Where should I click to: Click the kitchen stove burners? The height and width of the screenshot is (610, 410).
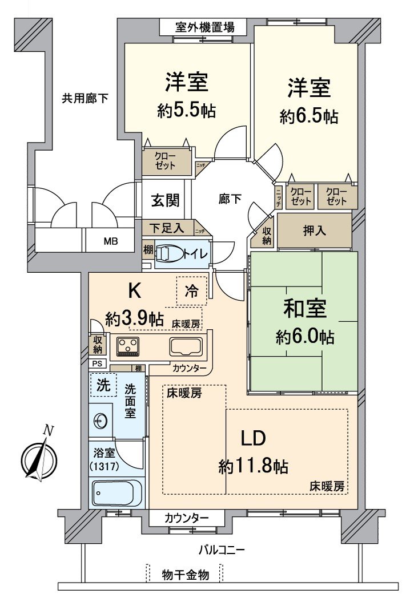point(128,345)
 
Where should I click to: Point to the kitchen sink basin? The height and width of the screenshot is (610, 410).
point(186,346)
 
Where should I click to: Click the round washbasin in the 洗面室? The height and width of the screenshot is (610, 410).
point(101,421)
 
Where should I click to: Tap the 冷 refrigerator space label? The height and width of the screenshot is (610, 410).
point(191,290)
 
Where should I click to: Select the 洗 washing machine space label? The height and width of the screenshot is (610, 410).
point(103,384)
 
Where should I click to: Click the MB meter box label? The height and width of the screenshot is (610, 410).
point(111,241)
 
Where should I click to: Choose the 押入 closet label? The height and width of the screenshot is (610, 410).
point(314,231)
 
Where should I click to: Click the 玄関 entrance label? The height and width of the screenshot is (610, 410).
point(166,200)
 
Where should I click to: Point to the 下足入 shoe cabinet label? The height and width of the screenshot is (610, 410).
point(167,228)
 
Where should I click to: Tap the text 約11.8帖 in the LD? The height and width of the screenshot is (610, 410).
point(253,467)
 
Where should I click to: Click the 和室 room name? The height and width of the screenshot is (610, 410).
point(305,309)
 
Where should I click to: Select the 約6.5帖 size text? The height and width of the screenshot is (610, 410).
point(309,116)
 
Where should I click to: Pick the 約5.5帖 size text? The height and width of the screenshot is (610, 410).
point(187,111)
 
